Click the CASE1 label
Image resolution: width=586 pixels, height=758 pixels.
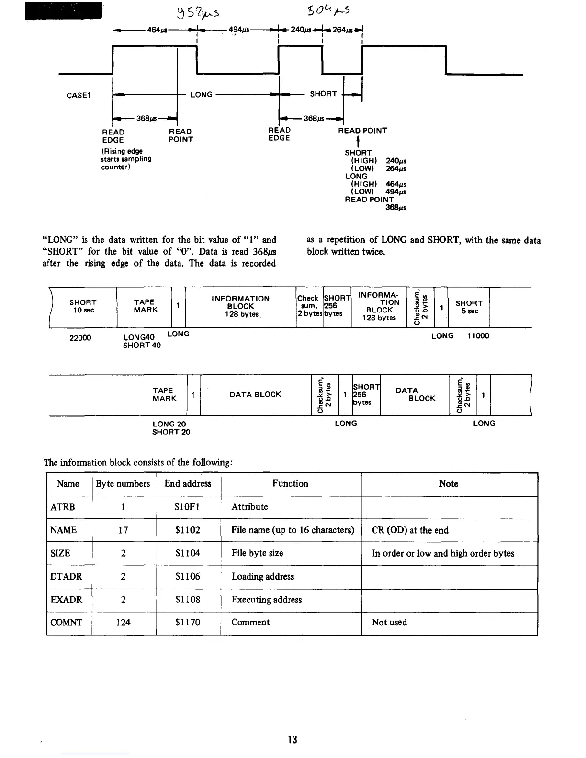click(79, 95)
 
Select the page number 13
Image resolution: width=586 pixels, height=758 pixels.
click(293, 739)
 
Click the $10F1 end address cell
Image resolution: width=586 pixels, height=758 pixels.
click(188, 507)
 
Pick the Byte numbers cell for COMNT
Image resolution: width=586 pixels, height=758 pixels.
click(123, 622)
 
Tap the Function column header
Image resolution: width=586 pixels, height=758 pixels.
click(291, 484)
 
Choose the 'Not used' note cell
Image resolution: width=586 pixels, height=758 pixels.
click(389, 622)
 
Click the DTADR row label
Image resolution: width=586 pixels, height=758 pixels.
click(67, 576)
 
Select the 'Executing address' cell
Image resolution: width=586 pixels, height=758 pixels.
click(267, 600)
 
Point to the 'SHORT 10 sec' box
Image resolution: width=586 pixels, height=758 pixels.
click(83, 306)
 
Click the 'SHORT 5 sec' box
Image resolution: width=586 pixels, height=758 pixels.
click(469, 307)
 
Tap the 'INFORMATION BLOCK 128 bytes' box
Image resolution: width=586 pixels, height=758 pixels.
click(240, 306)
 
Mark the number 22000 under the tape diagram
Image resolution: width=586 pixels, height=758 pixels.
click(80, 338)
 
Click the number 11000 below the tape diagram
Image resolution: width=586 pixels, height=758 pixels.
click(478, 336)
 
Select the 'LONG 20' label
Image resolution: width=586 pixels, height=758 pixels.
click(169, 424)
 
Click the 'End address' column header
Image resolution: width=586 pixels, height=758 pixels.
click(188, 484)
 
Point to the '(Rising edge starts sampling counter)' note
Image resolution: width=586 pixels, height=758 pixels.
click(126, 159)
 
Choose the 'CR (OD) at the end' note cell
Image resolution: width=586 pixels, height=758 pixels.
click(410, 530)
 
